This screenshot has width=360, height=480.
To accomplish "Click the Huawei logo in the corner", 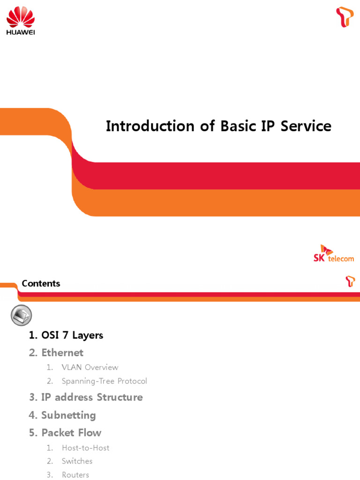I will pyautogui.click(x=20, y=21).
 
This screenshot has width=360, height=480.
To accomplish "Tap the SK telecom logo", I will pyautogui.click(x=334, y=254).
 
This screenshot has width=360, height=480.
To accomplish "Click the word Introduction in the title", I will pyautogui.click(x=150, y=126).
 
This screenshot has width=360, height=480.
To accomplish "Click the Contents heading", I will pyautogui.click(x=41, y=284).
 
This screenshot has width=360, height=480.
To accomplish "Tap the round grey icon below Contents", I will pyautogui.click(x=21, y=315).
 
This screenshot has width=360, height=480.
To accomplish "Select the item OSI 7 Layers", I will pyautogui.click(x=66, y=335).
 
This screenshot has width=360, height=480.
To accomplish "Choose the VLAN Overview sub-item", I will pyautogui.click(x=90, y=367).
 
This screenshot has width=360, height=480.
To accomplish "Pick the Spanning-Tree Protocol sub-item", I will pyautogui.click(x=104, y=381).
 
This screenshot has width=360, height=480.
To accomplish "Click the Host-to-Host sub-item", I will pyautogui.click(x=85, y=448).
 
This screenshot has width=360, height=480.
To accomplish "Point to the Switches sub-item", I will pyautogui.click(x=77, y=461).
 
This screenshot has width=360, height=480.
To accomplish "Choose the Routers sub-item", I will pyautogui.click(x=75, y=475).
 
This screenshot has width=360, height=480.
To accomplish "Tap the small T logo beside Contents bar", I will pyautogui.click(x=350, y=281).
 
